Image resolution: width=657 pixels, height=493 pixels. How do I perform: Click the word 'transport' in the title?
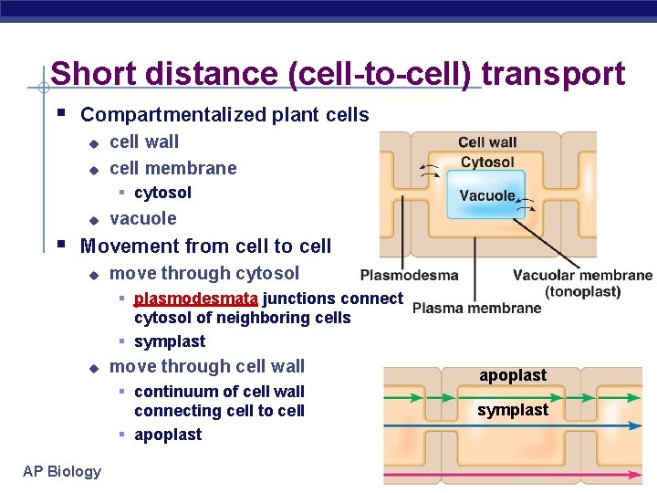point(553,74)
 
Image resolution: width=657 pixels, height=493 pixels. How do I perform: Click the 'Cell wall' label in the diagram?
point(487,142)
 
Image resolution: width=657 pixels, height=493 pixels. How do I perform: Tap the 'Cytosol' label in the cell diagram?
point(487,162)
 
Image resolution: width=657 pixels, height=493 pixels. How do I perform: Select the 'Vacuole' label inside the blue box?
point(487,195)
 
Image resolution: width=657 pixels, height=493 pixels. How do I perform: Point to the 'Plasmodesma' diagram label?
point(409,275)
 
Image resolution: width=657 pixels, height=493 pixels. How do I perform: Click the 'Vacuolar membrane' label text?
point(582,275)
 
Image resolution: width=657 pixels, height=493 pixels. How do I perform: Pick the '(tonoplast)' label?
point(582,291)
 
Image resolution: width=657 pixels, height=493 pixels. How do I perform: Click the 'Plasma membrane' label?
point(476,308)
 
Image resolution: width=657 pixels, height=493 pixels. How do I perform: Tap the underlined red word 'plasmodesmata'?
point(196,298)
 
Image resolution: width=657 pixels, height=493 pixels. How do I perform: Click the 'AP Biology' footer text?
point(62,471)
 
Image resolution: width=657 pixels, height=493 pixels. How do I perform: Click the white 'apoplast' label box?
point(513,375)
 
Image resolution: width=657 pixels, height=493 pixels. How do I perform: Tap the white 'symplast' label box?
point(513,410)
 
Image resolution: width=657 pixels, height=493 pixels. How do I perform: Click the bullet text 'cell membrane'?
point(172,168)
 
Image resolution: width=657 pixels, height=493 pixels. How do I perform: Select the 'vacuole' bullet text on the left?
point(142,218)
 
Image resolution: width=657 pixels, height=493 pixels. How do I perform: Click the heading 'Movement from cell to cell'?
point(205,246)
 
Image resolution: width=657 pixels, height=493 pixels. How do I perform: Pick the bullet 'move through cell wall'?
point(207,366)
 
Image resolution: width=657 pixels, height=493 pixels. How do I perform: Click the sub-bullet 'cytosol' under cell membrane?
point(162,193)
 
